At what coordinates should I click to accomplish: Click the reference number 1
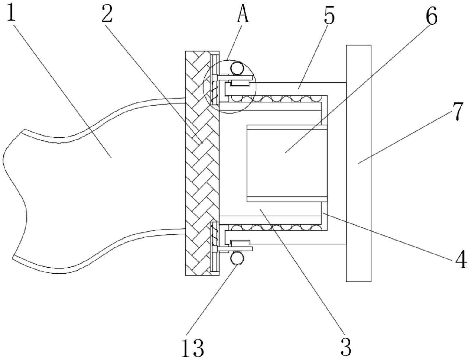(11, 12)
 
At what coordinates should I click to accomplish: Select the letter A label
(243, 15)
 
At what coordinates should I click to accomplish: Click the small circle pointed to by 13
(237, 259)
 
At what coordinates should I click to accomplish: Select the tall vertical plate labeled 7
(359, 163)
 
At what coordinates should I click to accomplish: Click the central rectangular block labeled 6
(287, 163)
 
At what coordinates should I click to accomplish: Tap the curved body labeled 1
(91, 182)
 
